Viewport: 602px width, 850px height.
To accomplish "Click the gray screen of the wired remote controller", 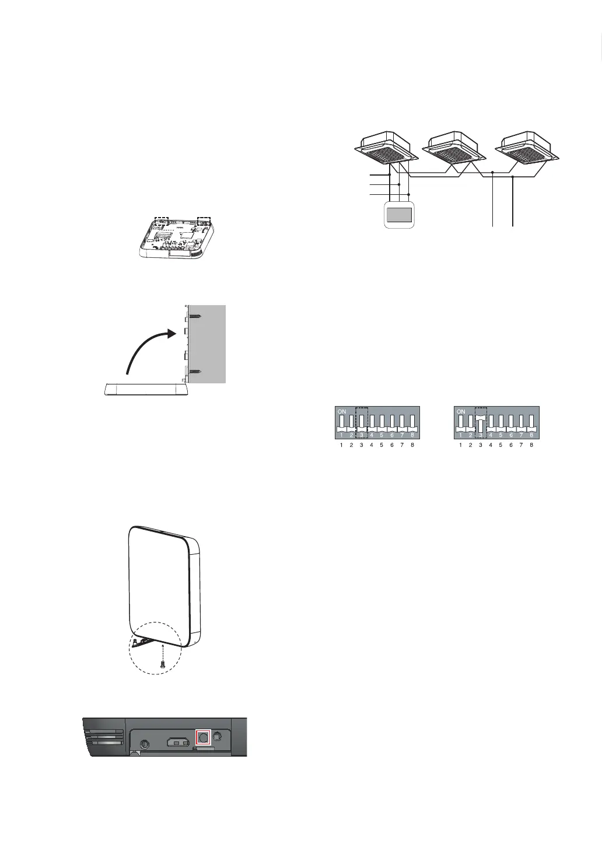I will click(x=398, y=215).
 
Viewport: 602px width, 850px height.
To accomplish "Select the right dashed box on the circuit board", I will click(x=204, y=221).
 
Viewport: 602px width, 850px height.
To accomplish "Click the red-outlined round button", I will click(x=202, y=738).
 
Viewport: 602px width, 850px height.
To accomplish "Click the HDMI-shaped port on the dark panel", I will click(x=176, y=743).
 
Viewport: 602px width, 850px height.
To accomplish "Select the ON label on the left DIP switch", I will click(x=342, y=411).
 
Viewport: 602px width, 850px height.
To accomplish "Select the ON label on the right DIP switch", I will click(x=461, y=411).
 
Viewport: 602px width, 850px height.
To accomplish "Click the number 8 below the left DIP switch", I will click(x=412, y=445).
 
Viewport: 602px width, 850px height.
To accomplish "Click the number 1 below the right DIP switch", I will click(x=460, y=445).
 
